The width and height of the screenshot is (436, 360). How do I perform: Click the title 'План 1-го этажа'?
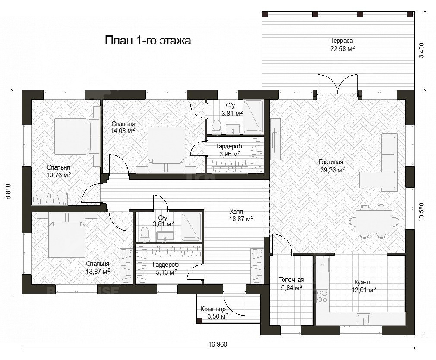(x=148, y=41)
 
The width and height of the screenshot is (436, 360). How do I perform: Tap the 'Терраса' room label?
(x=342, y=41)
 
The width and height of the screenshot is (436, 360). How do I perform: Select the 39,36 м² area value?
(x=332, y=170)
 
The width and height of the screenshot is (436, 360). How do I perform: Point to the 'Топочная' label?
(x=291, y=280)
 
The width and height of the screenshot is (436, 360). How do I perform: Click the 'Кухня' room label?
(x=362, y=282)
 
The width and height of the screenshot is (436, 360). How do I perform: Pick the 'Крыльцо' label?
(x=213, y=309)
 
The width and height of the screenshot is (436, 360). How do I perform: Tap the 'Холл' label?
(x=237, y=212)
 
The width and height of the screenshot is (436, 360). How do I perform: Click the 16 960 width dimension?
(x=218, y=344)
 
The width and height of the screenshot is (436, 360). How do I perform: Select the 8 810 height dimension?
(x=8, y=192)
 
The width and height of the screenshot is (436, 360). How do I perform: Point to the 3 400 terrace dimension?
(x=422, y=51)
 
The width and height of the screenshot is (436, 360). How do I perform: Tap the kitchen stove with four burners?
(x=322, y=296)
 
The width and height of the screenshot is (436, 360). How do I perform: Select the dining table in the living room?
(x=374, y=221)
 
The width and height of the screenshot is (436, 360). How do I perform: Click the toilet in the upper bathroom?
(x=216, y=126)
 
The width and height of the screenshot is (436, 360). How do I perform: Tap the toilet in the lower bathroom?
(x=145, y=234)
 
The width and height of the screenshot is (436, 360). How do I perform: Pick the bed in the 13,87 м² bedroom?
(x=67, y=235)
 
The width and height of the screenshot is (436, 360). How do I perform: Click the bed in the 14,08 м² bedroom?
(x=167, y=150)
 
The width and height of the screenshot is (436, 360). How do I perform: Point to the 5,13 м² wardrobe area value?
(x=167, y=272)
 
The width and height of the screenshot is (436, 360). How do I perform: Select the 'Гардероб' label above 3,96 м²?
(x=229, y=146)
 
